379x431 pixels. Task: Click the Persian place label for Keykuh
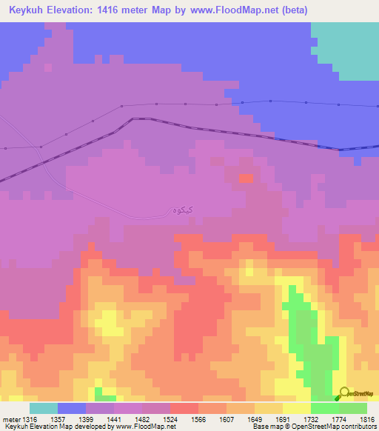pyautogui.click(x=182, y=210)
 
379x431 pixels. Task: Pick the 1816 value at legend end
pyautogui.click(x=365, y=418)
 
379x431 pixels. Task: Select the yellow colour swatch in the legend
pyautogui.click(x=297, y=407)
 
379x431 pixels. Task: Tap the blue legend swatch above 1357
pyautogui.click(x=71, y=407)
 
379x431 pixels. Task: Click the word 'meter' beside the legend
pyautogui.click(x=10, y=418)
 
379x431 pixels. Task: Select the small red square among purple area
pyautogui.click(x=245, y=178)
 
